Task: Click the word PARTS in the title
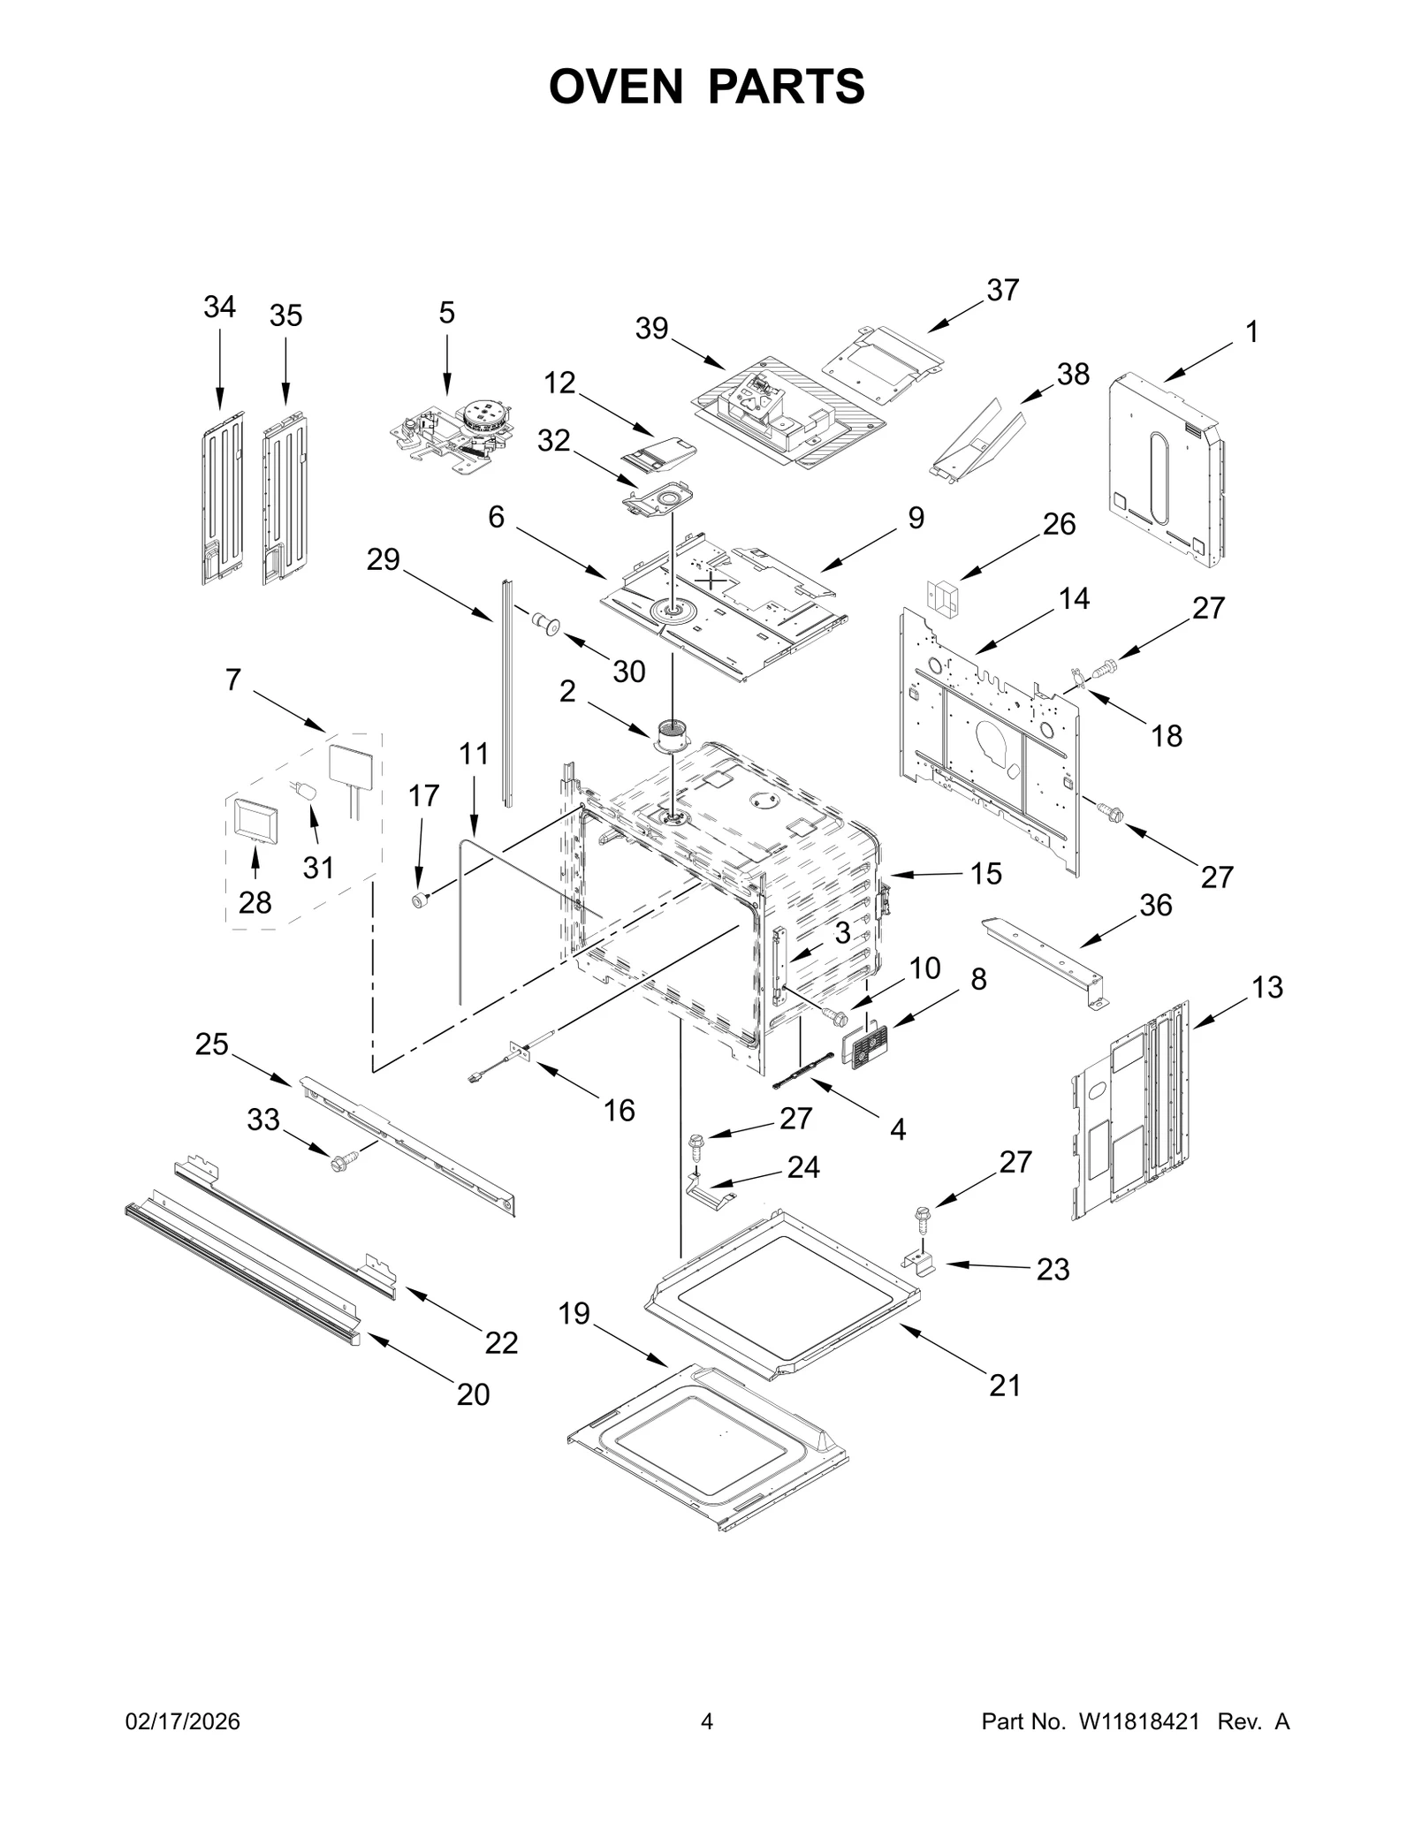(x=786, y=87)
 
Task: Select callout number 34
(x=219, y=307)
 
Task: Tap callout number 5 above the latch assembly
(x=446, y=312)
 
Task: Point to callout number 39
(x=651, y=329)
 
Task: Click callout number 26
(x=1059, y=524)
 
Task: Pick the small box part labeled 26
(x=941, y=600)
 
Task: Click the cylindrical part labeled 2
(x=673, y=735)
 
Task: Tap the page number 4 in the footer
(x=706, y=1746)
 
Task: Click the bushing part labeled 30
(x=546, y=624)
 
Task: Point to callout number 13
(x=1266, y=987)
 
